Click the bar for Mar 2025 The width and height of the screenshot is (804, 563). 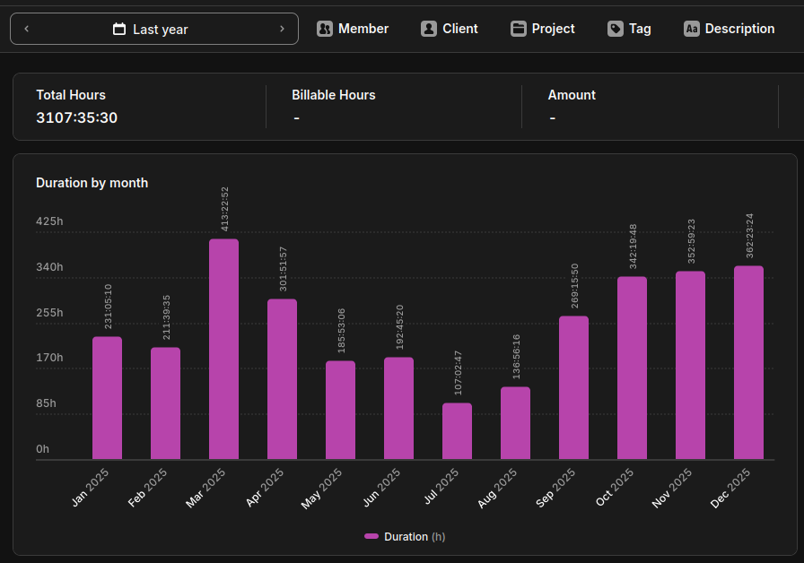[223, 349]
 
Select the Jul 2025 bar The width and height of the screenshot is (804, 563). [457, 431]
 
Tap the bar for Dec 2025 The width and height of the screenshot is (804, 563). [748, 362]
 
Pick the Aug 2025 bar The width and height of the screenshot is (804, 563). [515, 422]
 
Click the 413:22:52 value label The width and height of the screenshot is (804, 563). [224, 209]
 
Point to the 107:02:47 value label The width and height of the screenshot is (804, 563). [458, 373]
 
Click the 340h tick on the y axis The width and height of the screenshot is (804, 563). [49, 267]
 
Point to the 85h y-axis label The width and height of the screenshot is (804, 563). [46, 403]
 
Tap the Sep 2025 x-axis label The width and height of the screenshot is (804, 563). [555, 488]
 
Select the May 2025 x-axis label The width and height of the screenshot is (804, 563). [321, 489]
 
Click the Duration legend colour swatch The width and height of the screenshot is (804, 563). [371, 536]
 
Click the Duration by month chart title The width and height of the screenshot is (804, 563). [92, 183]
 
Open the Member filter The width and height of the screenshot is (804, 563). [353, 29]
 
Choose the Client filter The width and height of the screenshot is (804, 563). [450, 29]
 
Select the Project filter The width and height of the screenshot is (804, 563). [543, 29]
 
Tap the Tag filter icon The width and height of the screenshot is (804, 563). [616, 29]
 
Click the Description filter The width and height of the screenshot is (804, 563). [729, 29]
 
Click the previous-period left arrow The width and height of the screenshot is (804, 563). [27, 29]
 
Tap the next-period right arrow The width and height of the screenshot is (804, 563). [282, 29]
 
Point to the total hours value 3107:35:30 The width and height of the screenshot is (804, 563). [77, 117]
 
